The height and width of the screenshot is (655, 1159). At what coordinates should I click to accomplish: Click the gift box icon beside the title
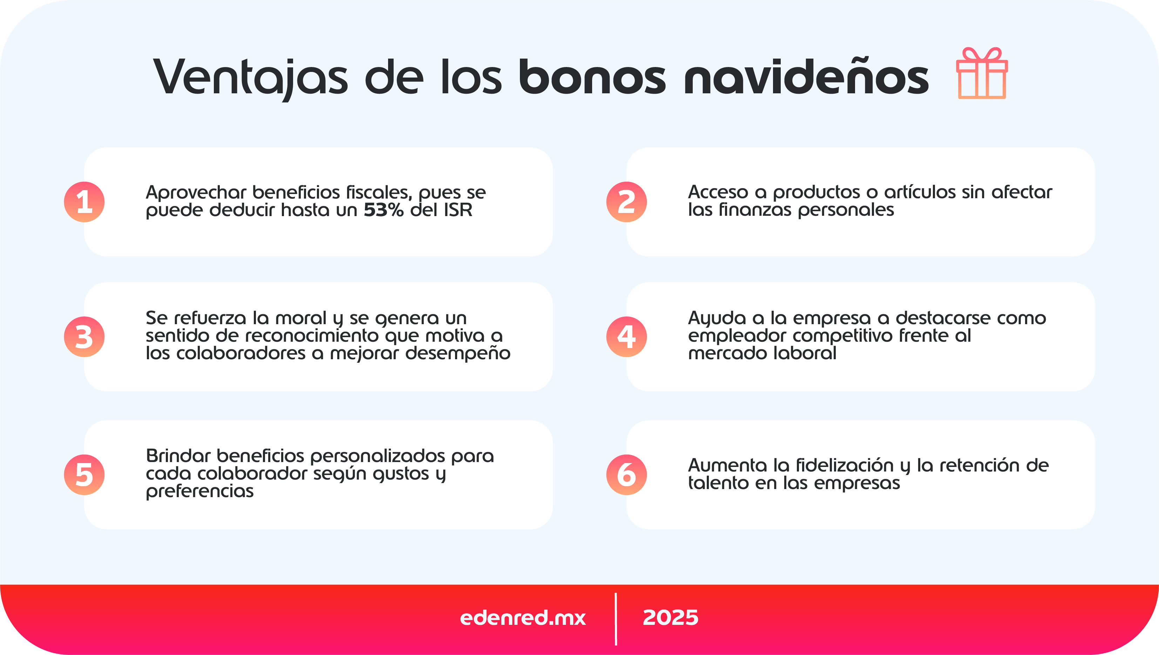pos(982,73)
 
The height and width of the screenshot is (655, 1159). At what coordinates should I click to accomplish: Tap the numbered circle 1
pos(84,202)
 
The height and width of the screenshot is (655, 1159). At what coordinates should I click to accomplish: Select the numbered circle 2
pos(626,202)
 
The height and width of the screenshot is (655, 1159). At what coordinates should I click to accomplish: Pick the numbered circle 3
pos(84,337)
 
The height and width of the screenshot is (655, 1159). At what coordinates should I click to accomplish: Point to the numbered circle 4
pos(626,337)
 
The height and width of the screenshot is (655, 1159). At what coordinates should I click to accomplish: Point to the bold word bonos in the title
pos(592,78)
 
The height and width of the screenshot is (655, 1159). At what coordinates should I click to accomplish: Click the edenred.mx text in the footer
pos(522,617)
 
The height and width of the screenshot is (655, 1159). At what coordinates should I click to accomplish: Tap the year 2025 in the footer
pos(670,617)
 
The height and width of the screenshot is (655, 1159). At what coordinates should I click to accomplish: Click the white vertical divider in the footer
pos(616,619)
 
